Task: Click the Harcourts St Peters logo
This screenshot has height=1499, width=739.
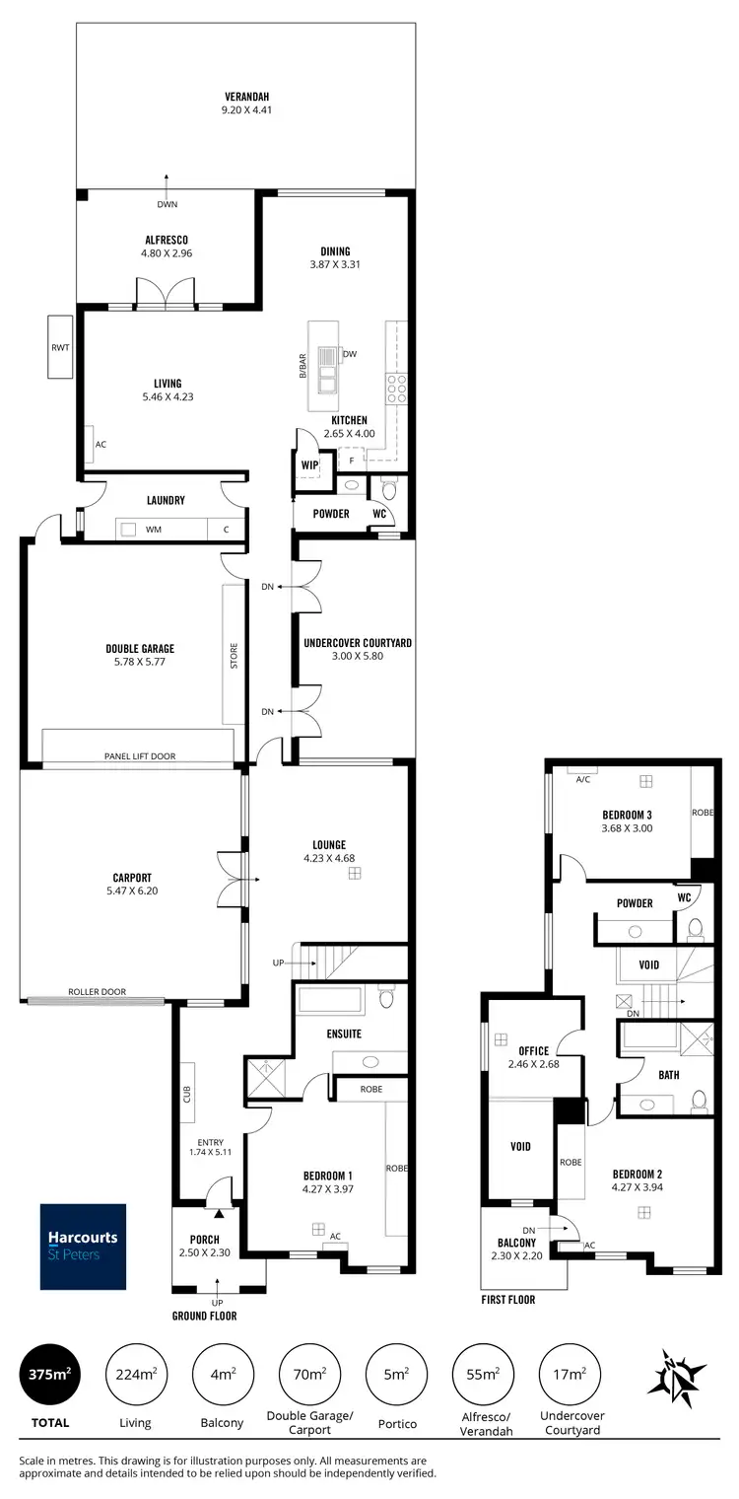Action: [x=83, y=1247]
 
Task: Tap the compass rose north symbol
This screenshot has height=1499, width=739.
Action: [x=677, y=1375]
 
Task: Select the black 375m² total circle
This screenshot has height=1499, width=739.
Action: [x=50, y=1374]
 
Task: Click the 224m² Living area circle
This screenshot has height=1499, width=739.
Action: [x=135, y=1374]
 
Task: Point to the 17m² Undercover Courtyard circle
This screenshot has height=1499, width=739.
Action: [x=571, y=1374]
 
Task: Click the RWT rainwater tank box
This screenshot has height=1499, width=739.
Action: [x=61, y=347]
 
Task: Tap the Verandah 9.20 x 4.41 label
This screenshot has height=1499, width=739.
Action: [x=245, y=104]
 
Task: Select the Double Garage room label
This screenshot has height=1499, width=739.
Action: [x=140, y=655]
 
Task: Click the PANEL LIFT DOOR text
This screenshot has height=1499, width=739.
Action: [x=140, y=756]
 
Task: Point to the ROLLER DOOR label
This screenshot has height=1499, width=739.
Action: [x=97, y=992]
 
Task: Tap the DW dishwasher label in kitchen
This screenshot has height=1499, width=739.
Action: [x=349, y=354]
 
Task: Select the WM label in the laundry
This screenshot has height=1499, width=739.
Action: [x=153, y=530]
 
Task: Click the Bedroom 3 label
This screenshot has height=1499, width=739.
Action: [x=628, y=821]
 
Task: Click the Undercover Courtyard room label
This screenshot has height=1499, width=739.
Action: [x=357, y=649]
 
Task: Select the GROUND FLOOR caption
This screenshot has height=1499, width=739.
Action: [x=204, y=1316]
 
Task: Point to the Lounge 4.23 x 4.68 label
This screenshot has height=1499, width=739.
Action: [x=328, y=851]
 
